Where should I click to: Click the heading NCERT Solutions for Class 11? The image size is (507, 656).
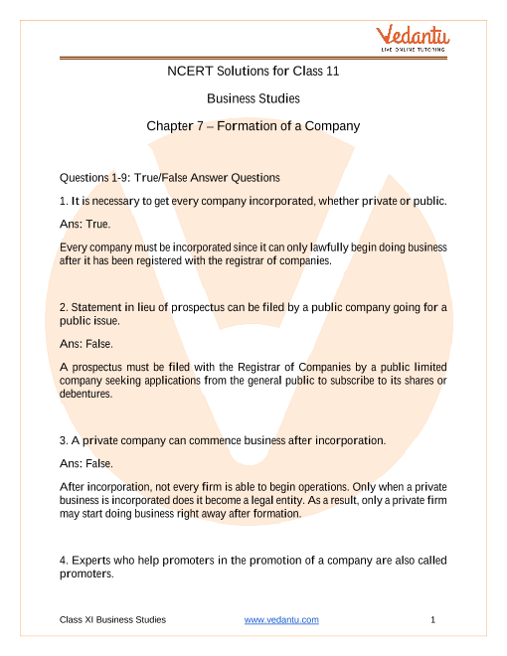253,72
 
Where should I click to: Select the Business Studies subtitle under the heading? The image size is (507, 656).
253,98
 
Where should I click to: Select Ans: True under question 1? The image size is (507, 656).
85,225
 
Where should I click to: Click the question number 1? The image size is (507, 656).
64,202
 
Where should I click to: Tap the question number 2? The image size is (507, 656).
64,307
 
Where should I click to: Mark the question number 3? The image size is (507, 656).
64,439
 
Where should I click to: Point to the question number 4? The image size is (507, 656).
64,561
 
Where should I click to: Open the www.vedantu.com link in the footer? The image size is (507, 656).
281,620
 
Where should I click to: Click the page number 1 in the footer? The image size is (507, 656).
434,620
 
